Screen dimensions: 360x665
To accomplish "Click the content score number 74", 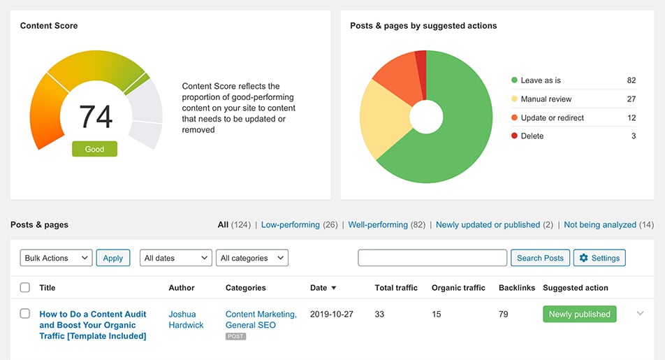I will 96,117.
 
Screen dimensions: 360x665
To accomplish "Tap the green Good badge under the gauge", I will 94,149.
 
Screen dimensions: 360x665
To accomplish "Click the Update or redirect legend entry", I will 552,117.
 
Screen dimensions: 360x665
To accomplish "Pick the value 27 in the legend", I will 631,99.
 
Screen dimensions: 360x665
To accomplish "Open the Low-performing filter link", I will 290,225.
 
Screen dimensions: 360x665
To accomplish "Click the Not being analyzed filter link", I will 600,225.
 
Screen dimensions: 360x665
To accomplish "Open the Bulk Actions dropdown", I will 56,258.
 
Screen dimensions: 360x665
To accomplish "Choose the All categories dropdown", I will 251,258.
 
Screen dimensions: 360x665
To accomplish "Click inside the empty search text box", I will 432,258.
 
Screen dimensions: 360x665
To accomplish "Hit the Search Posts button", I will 540,258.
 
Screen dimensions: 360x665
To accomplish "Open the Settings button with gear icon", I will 599,258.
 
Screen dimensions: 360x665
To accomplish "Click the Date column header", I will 319,287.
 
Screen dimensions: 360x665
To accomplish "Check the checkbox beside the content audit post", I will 25,314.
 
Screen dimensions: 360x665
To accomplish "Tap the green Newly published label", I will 579,315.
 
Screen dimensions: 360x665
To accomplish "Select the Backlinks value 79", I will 504,315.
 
